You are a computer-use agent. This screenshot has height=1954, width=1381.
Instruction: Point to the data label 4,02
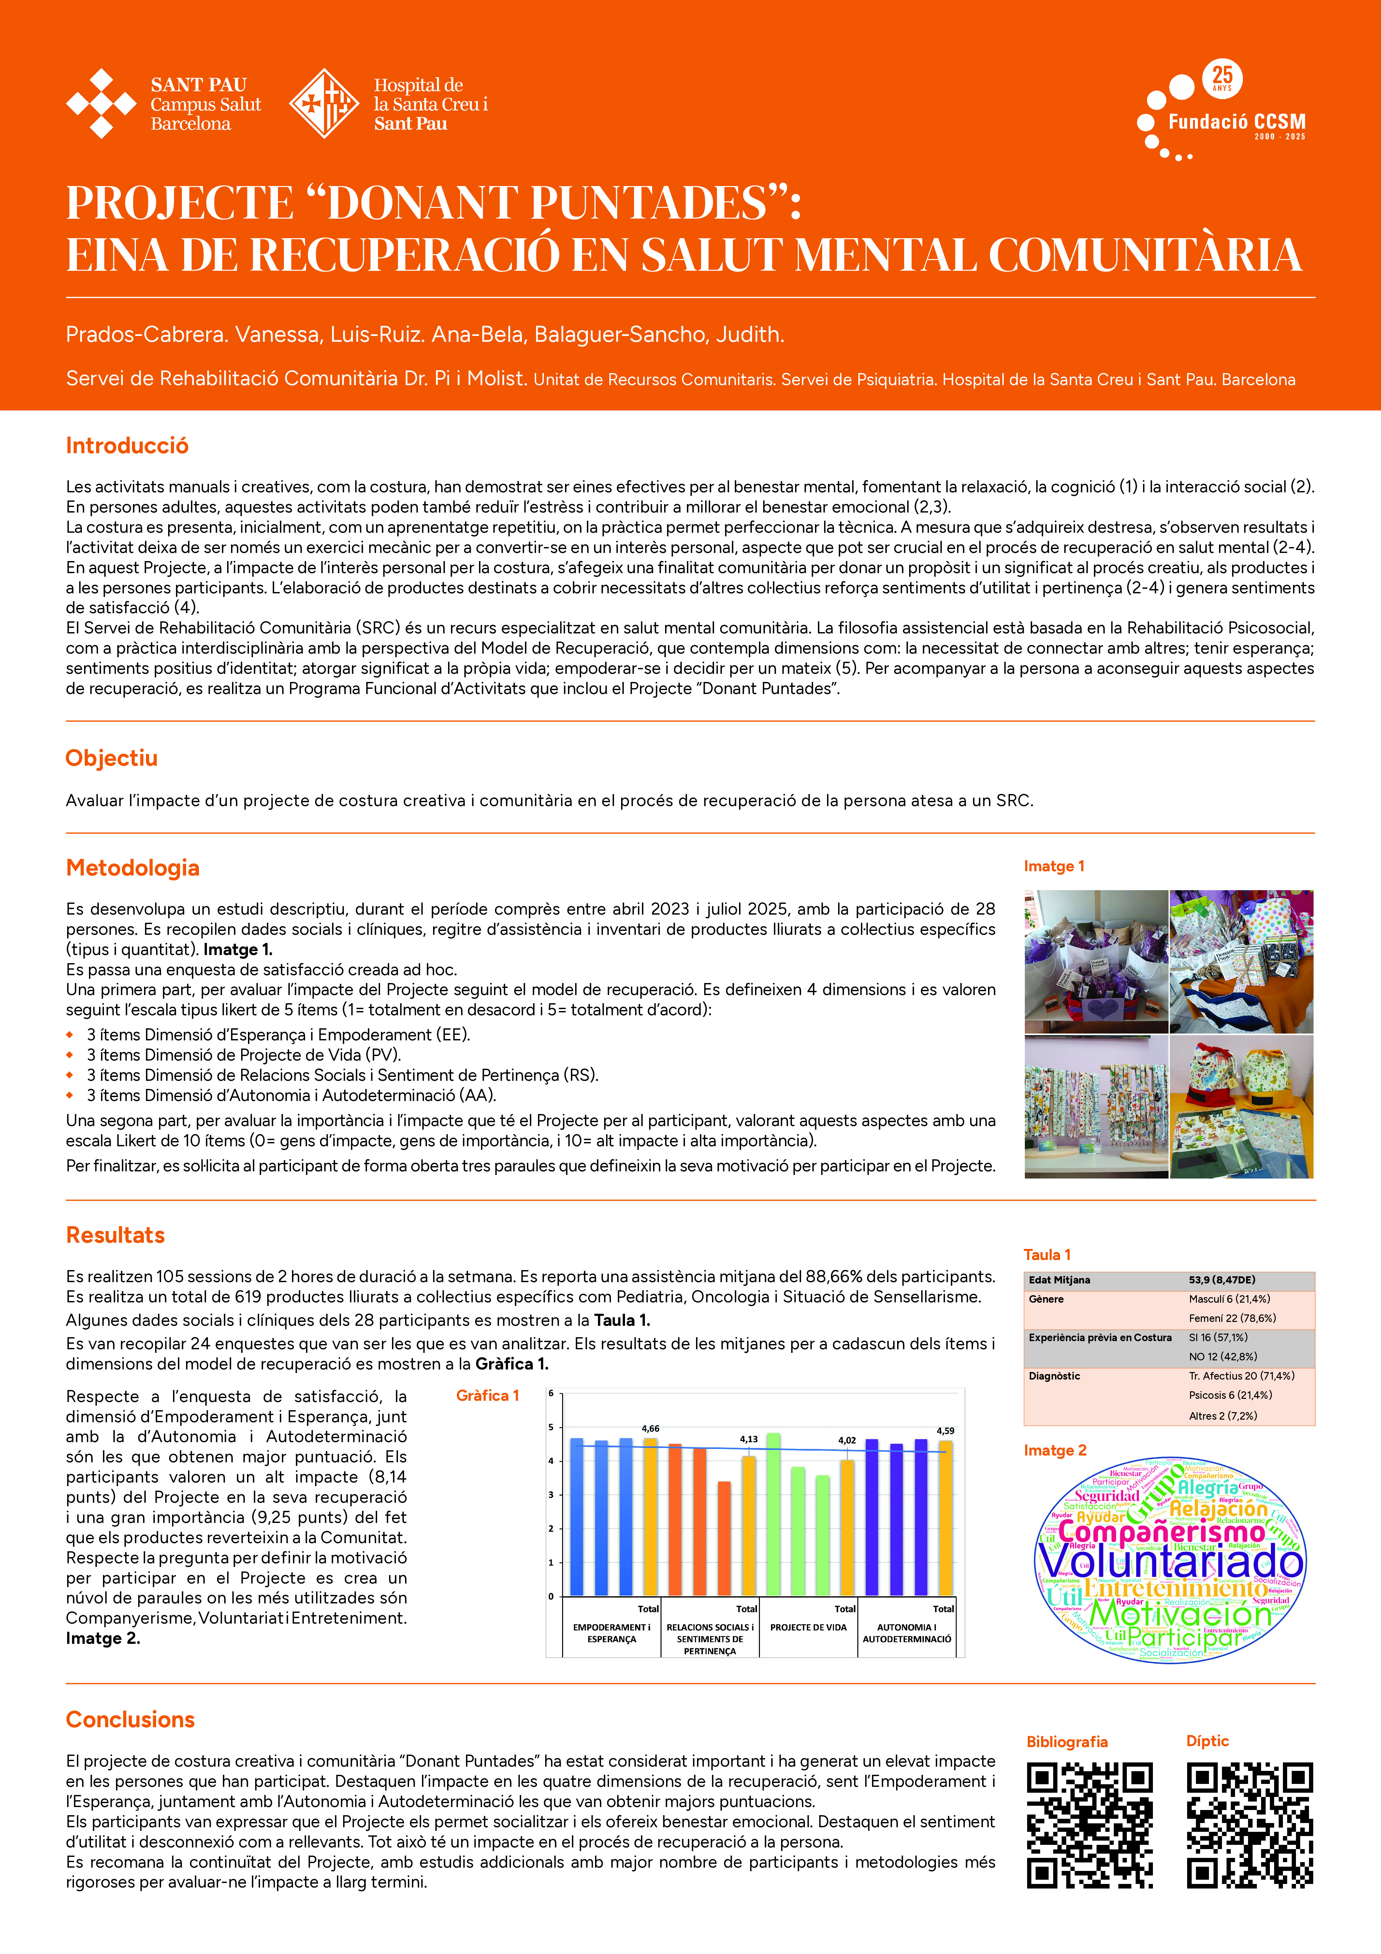coord(847,1441)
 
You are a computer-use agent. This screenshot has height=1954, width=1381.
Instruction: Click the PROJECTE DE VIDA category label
coord(808,1627)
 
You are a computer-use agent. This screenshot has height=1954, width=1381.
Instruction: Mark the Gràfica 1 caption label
coord(487,1396)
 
